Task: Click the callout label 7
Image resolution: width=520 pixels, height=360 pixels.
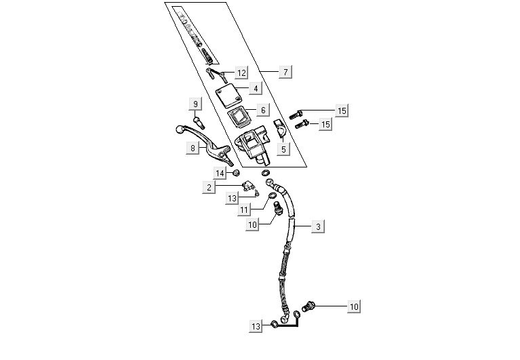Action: coord(285,71)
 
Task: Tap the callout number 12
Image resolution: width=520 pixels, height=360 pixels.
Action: coord(241,72)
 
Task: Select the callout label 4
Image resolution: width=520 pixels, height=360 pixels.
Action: coord(255,88)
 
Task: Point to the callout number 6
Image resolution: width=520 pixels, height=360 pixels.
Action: coord(262,109)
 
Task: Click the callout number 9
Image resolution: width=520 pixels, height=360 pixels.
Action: coord(196,104)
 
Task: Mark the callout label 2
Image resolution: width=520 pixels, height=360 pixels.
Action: coord(210,186)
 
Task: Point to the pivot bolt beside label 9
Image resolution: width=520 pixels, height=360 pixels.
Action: coord(197,121)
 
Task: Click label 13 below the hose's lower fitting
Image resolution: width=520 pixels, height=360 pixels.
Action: coord(256,326)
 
